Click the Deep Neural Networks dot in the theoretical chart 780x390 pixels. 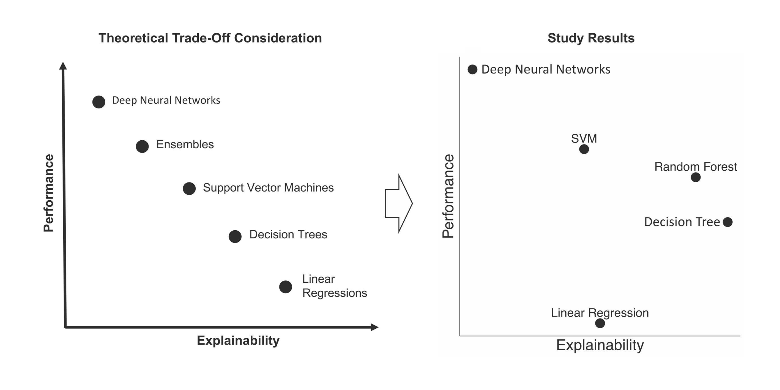(99, 102)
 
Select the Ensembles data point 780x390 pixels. (142, 146)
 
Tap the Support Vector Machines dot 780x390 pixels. (189, 188)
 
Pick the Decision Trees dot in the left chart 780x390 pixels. (235, 236)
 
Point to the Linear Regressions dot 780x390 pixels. (286, 287)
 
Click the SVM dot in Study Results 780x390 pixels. (584, 149)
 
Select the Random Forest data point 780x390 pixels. (696, 177)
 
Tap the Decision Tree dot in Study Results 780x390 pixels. (728, 222)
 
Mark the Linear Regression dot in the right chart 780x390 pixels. (600, 323)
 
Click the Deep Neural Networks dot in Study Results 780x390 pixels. (472, 70)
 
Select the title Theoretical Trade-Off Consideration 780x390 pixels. (210, 38)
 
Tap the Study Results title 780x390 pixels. (591, 38)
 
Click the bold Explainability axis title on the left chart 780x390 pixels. (238, 341)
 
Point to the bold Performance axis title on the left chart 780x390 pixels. (48, 193)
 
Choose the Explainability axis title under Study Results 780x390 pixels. (600, 345)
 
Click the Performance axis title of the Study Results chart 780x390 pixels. (448, 196)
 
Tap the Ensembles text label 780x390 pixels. (185, 144)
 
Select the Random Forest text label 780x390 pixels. (696, 167)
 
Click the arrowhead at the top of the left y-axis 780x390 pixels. (63, 66)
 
